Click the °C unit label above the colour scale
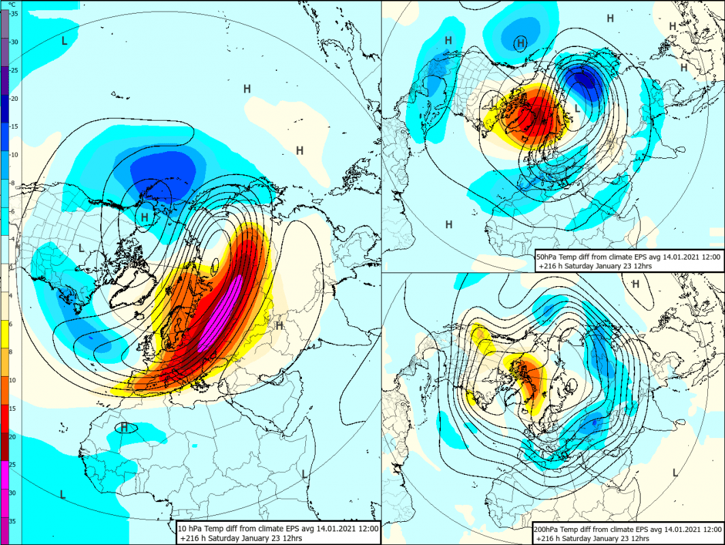tap(12, 4)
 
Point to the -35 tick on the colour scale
tap(14, 14)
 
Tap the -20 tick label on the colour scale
tap(14, 98)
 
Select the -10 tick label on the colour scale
tap(14, 155)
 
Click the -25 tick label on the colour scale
tap(14, 70)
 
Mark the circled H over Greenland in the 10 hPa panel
tap(144, 217)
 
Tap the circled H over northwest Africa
tap(124, 427)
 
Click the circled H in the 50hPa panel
tap(521, 44)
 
